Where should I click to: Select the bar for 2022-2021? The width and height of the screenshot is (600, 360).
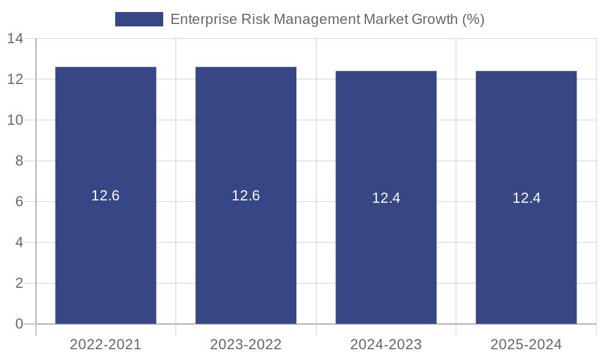[106, 252]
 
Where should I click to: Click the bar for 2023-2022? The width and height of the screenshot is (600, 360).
[246, 252]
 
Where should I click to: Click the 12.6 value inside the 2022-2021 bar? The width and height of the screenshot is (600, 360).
[106, 196]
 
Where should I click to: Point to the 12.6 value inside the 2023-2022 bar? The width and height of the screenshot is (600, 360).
[246, 196]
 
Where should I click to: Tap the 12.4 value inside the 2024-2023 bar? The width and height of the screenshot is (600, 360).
[386, 198]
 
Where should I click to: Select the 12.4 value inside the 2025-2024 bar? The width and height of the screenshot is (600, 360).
[526, 198]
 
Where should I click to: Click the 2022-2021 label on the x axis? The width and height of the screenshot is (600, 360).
[106, 344]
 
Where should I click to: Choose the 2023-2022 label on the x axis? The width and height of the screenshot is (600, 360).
[246, 344]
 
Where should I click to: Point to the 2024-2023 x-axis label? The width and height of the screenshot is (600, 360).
[386, 344]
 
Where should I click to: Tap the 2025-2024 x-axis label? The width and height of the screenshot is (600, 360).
[526, 344]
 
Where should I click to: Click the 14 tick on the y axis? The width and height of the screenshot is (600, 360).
[15, 39]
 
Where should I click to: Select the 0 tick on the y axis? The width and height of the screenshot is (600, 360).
[19, 324]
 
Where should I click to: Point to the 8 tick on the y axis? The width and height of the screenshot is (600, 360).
[19, 161]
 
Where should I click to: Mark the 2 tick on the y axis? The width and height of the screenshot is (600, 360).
[19, 283]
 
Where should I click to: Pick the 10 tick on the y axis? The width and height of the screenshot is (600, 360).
[15, 120]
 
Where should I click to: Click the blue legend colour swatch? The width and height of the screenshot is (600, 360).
[139, 19]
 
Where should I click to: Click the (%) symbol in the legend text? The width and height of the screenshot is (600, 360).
[473, 19]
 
